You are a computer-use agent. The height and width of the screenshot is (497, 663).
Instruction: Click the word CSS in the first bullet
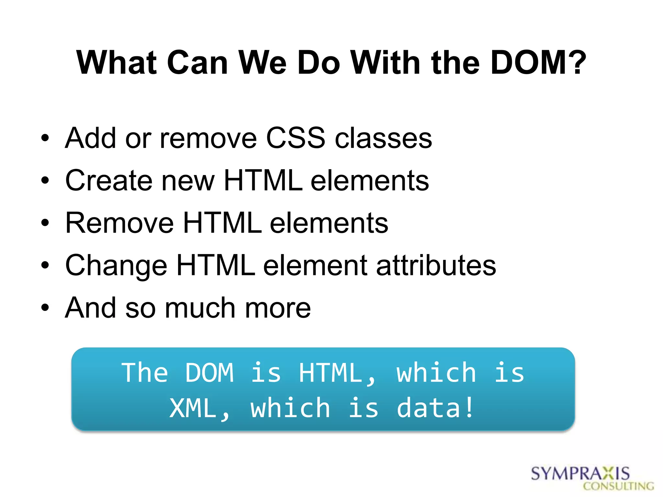coord(295,138)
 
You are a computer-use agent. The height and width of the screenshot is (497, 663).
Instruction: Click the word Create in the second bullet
coord(109,181)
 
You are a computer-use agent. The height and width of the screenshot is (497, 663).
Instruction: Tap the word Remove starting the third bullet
coord(119,223)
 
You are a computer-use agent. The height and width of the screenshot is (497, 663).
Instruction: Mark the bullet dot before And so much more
coord(45,308)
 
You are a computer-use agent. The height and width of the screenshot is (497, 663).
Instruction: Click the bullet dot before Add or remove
coord(45,138)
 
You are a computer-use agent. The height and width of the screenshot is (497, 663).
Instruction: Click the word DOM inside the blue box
coord(209,373)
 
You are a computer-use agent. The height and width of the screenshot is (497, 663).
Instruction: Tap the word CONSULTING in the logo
coord(618,486)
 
